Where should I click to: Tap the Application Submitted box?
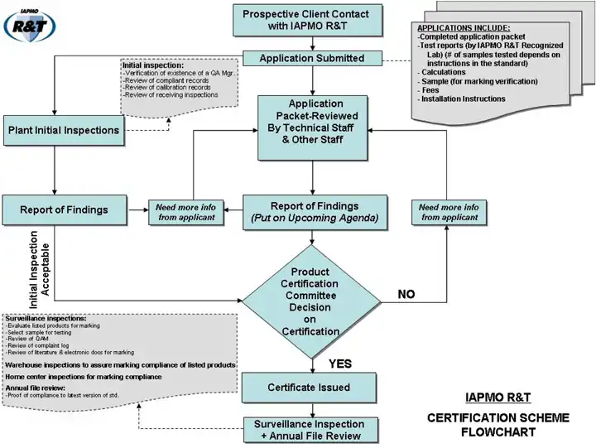[x=312, y=59]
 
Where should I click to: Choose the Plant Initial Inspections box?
[x=63, y=130]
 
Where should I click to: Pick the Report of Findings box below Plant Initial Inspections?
[x=64, y=210]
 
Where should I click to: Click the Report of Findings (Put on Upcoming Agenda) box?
[x=314, y=212]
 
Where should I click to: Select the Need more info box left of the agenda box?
[x=185, y=212]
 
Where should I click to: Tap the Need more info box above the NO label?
[x=448, y=212]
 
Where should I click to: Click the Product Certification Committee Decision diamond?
[x=311, y=301]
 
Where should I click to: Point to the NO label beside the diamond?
[x=406, y=294]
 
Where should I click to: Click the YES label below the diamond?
[x=341, y=364]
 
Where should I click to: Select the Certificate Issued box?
[x=309, y=388]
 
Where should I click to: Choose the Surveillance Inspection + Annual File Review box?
[x=308, y=430]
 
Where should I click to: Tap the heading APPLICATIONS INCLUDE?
[x=464, y=28]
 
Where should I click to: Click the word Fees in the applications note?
[x=431, y=90]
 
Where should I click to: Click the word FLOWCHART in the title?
[x=498, y=431]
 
